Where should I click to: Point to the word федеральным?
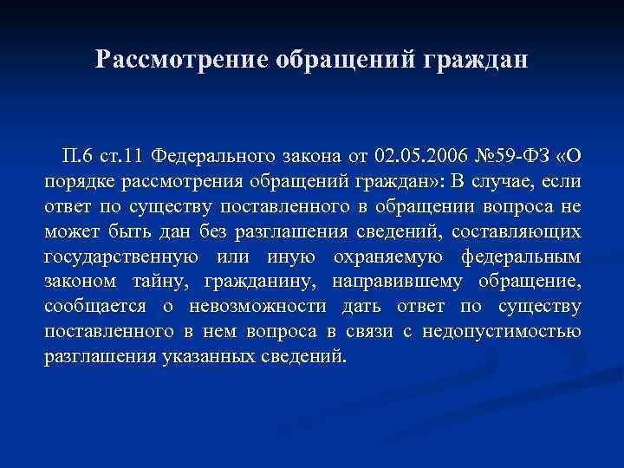523,257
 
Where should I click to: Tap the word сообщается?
93,308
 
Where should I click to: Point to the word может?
69,232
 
